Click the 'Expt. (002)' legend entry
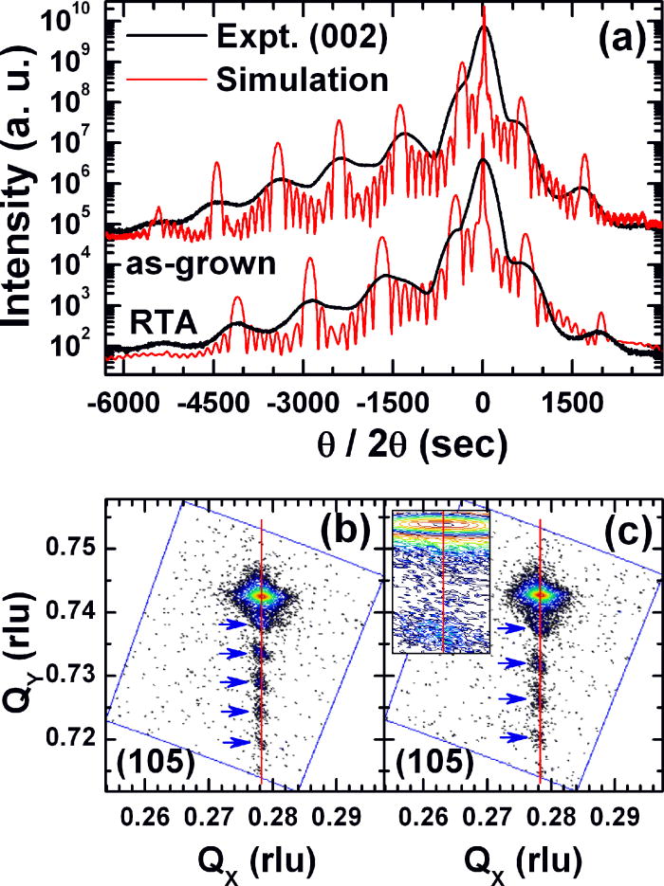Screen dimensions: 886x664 [303, 38]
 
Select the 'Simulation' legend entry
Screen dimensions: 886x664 [303, 80]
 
